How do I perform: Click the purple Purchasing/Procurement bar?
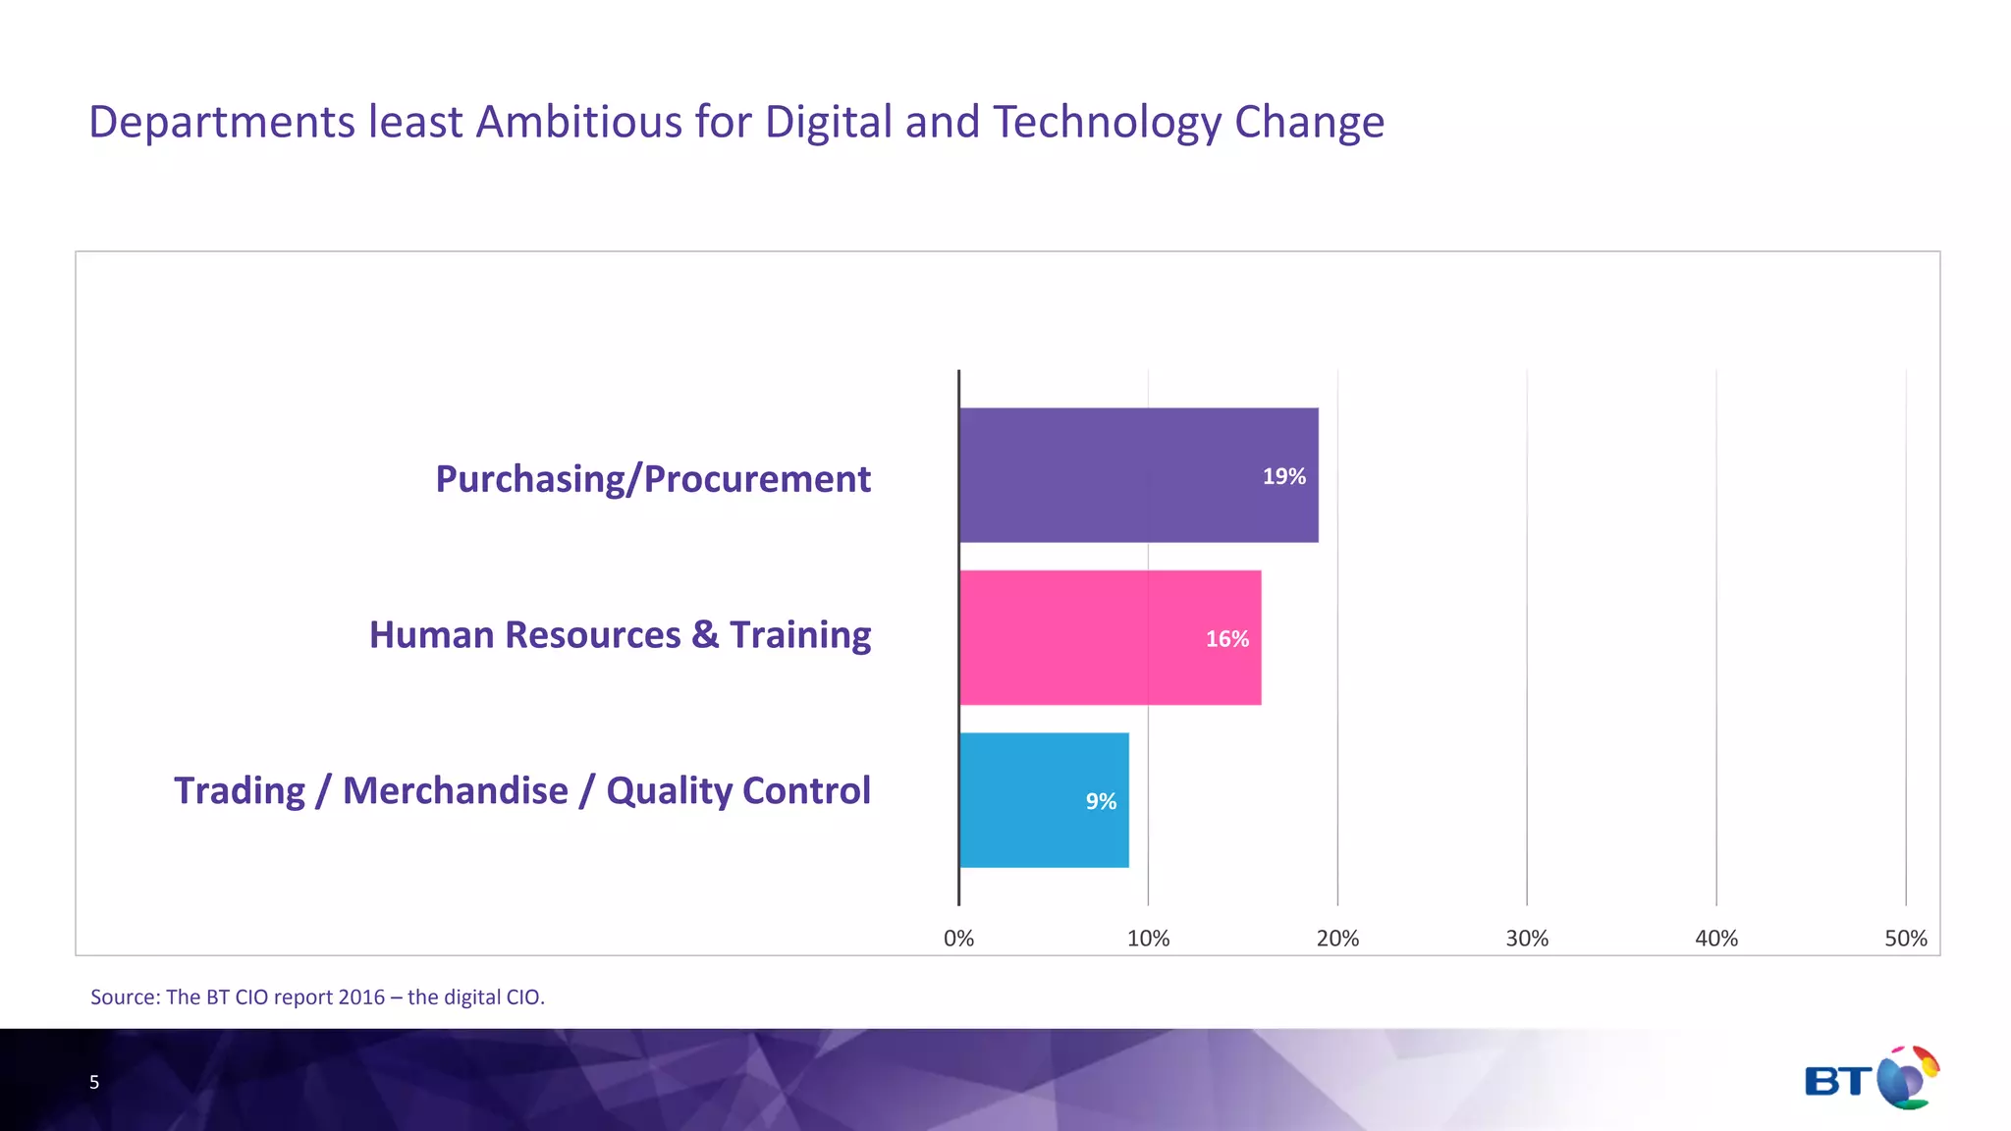coord(1138,475)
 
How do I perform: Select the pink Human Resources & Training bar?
coord(1110,637)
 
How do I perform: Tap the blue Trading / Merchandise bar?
coord(1043,800)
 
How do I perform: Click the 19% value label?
coord(1283,477)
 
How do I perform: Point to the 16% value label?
coord(1226,639)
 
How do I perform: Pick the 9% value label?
coord(1101,802)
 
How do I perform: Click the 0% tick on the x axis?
coord(958,939)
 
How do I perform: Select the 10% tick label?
coord(1148,939)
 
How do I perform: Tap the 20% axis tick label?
coord(1337,939)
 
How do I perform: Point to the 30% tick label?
coord(1527,939)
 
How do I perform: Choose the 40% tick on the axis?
coord(1716,939)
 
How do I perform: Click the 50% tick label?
coord(1905,939)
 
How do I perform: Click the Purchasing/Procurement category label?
coord(653,479)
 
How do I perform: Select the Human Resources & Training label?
coord(620,635)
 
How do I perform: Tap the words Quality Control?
coord(738,791)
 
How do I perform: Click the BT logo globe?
coord(1907,1078)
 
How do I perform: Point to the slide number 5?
coord(94,1083)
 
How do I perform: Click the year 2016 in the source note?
coord(361,997)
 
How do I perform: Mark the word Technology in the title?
coord(1107,123)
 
